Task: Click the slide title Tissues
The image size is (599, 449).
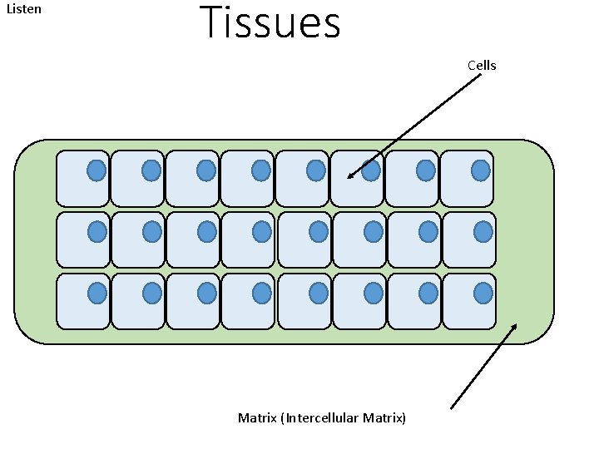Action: [x=270, y=23]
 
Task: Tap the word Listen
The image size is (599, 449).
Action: [x=24, y=10]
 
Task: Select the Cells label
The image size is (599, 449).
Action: [x=482, y=65]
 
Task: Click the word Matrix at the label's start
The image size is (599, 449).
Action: [x=258, y=417]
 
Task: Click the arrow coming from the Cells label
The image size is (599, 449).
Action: [x=416, y=125]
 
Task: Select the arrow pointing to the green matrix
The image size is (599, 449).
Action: [x=483, y=366]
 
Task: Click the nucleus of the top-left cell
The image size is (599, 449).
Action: [x=97, y=170]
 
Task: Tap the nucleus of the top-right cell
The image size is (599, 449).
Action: [x=481, y=170]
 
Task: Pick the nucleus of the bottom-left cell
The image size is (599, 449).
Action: [x=97, y=293]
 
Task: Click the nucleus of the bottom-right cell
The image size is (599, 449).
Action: [x=483, y=293]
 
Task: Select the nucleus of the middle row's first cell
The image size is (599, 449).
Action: [x=97, y=231]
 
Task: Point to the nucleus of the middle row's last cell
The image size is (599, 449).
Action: [x=483, y=231]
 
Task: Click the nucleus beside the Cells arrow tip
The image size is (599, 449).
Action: [x=371, y=170]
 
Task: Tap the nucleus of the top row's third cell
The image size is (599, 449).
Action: [x=206, y=170]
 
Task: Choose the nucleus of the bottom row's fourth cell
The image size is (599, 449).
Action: [x=262, y=293]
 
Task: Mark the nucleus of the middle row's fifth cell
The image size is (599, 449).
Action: [x=317, y=231]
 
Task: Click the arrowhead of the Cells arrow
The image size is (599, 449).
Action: [x=350, y=175]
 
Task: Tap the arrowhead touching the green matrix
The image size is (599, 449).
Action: [x=513, y=327]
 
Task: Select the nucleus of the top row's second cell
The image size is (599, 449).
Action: [x=151, y=170]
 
